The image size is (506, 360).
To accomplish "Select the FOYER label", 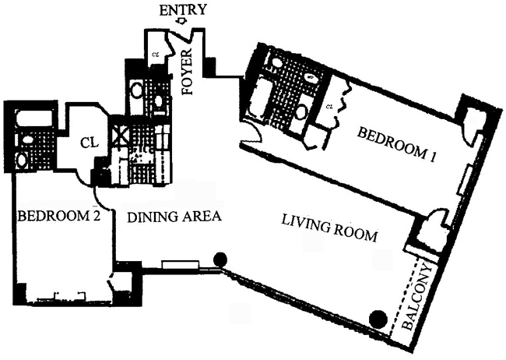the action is (187, 71).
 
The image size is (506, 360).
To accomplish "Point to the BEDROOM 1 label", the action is (395, 144).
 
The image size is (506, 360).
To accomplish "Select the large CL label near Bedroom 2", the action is (88, 144).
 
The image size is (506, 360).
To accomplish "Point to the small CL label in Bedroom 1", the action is (329, 105).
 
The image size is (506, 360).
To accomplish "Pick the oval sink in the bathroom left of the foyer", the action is (137, 90).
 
